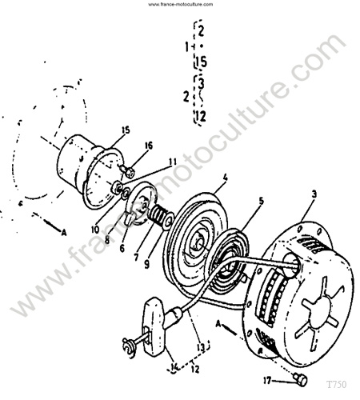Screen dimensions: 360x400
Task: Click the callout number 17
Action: [x=267, y=381]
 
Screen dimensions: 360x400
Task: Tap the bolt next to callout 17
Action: [x=301, y=379]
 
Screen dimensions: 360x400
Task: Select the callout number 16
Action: [x=149, y=146]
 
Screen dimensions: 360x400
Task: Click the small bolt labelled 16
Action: [x=126, y=171]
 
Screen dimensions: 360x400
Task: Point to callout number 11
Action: [x=173, y=162]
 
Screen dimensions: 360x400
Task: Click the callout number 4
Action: [x=226, y=178]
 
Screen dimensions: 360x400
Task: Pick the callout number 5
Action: [x=261, y=202]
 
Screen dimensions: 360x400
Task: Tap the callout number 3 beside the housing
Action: [x=314, y=194]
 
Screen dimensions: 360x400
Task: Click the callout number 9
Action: [x=146, y=264]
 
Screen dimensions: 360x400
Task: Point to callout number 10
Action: [x=95, y=230]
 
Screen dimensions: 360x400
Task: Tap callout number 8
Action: [x=107, y=240]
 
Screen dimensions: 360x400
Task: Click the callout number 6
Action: [x=122, y=249]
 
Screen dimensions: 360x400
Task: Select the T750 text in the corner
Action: [x=337, y=384]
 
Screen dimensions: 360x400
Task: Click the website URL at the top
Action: [x=181, y=4]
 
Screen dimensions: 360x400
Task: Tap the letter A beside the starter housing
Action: [x=218, y=324]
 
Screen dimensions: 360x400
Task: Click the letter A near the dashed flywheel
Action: [x=64, y=233]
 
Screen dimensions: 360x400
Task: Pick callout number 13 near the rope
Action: [x=201, y=347]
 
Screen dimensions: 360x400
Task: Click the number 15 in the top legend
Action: [x=201, y=62]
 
